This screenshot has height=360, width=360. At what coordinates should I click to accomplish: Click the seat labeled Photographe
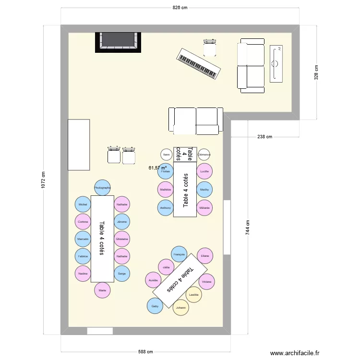102,188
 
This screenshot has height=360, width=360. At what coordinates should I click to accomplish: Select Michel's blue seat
83,204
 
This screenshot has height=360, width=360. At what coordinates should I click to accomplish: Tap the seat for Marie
102,290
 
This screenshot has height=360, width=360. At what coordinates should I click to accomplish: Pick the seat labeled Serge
122,273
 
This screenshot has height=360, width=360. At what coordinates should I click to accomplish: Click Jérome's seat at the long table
122,222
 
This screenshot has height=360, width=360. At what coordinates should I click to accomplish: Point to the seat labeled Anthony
166,207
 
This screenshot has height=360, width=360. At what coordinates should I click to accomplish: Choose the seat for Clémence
204,155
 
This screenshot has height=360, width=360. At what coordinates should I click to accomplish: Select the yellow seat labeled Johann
181,308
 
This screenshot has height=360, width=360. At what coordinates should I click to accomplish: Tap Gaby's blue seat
155,306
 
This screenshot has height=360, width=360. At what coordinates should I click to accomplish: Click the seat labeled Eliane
205,256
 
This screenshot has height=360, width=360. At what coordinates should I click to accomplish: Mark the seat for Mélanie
205,207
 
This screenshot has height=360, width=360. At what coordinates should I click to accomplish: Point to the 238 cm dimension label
264,137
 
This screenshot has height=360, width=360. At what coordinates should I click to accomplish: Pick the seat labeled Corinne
83,222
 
